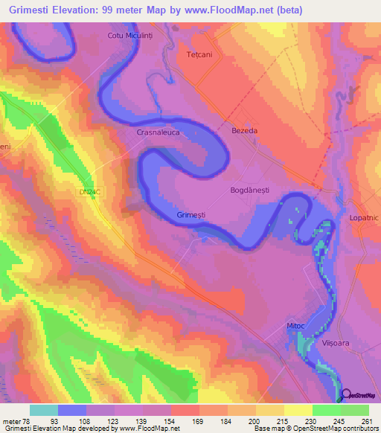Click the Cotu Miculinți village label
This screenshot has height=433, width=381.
tap(132, 35)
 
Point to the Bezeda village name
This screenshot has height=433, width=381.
tap(244, 130)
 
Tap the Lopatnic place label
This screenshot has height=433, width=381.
tap(364, 218)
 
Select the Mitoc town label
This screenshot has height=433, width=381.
tap(296, 326)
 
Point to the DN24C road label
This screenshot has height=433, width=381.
tap(89, 192)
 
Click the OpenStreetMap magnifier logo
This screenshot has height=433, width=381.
tap(347, 394)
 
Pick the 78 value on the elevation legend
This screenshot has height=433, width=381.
tap(30, 420)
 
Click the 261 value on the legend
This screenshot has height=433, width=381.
tap(366, 420)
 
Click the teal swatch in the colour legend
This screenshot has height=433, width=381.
tap(44, 409)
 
